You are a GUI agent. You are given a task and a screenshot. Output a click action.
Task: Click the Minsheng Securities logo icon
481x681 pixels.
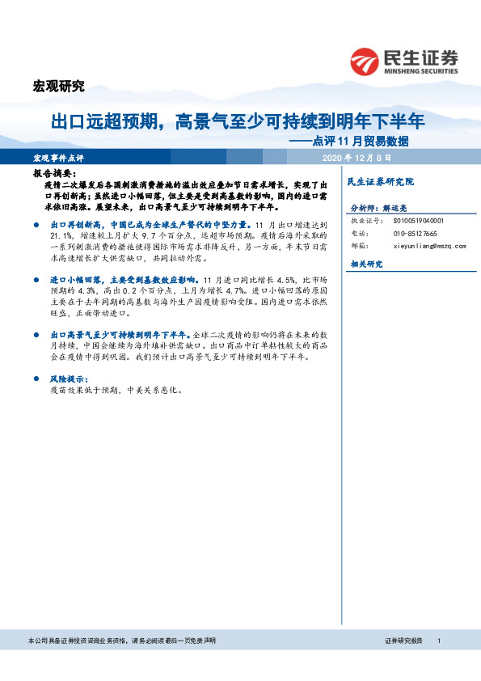tap(365, 61)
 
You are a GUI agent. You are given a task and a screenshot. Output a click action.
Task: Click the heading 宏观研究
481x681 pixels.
tap(57, 87)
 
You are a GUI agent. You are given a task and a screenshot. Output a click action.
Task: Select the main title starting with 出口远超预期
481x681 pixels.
tap(238, 122)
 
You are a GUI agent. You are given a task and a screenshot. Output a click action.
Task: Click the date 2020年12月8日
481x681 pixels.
tap(357, 158)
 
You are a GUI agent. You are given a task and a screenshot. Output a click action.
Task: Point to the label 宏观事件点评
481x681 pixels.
tap(59, 158)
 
